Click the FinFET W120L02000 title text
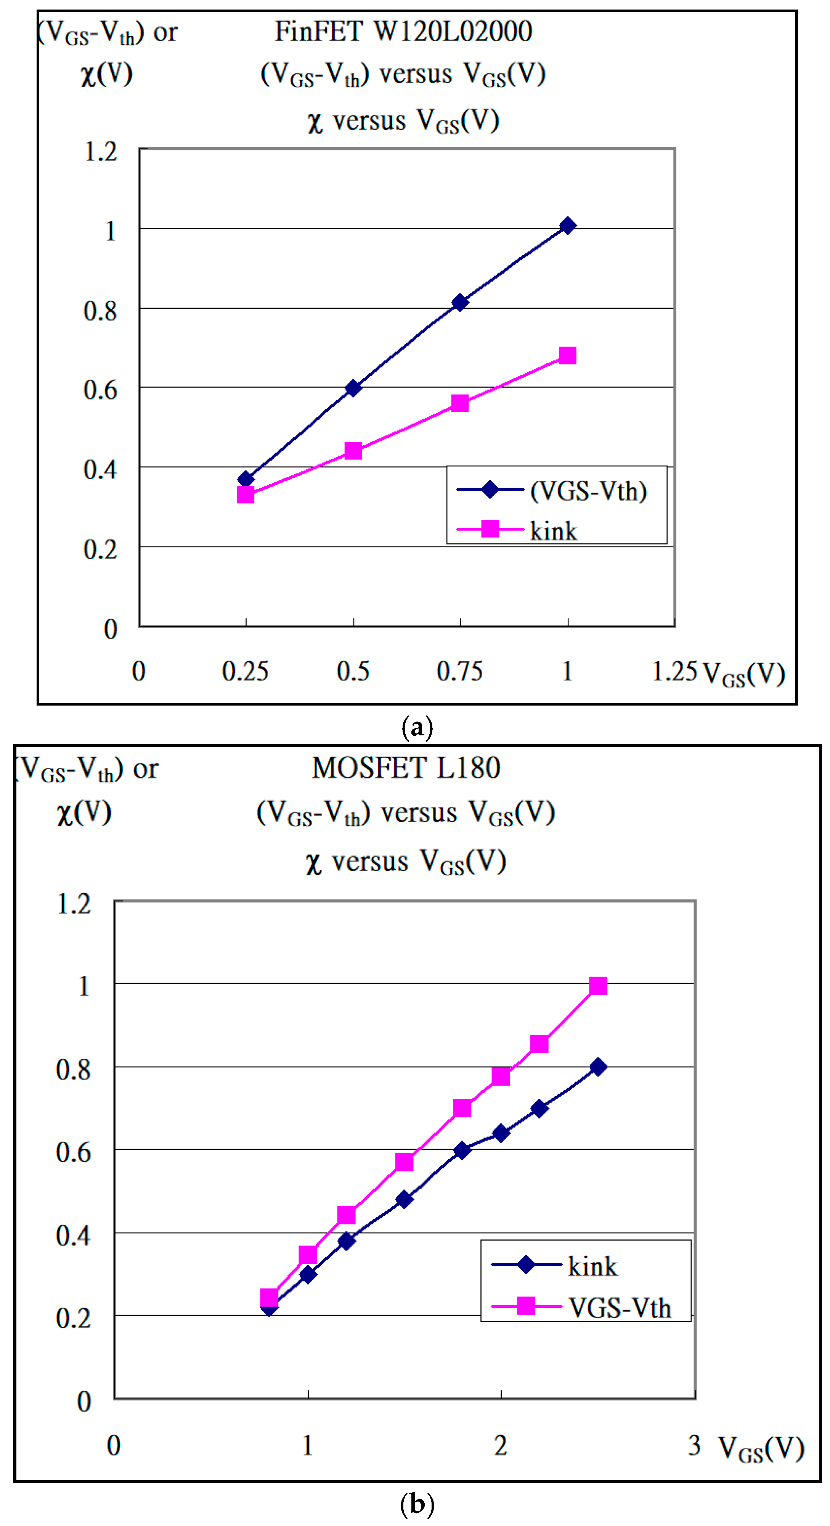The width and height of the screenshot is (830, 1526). [403, 31]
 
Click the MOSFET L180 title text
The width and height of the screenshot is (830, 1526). [406, 768]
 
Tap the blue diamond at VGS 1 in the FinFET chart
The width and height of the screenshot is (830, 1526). [567, 226]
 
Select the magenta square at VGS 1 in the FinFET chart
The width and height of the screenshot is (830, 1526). [567, 355]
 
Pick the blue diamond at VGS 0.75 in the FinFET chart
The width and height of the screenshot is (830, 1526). [460, 303]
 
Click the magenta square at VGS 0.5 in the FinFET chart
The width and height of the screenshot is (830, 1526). [353, 451]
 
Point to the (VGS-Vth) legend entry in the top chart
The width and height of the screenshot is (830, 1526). [588, 490]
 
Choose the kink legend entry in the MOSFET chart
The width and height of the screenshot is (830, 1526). [592, 1266]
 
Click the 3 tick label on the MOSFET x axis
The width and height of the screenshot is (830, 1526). [694, 1445]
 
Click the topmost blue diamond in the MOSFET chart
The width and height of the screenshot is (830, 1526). [598, 1067]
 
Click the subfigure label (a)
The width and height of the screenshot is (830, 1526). [417, 726]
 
